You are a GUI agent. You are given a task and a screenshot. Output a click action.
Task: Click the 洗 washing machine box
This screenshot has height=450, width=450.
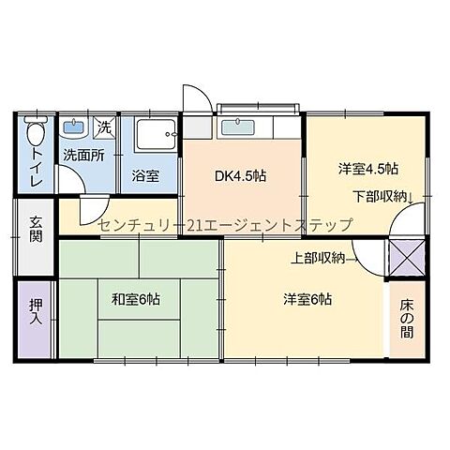coord(105,127)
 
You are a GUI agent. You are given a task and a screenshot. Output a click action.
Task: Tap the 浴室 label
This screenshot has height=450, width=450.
coord(145,175)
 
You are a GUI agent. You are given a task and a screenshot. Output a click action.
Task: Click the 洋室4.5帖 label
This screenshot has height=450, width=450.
coord(368,170)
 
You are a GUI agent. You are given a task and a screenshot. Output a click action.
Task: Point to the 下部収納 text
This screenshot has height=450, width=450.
coord(381,196)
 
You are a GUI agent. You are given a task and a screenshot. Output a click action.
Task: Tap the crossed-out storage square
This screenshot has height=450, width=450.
coord(407,256)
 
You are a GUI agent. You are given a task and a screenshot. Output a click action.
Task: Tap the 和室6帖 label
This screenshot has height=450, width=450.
coord(136,300)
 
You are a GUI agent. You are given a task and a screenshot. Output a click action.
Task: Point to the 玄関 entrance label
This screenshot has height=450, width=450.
coord(36,231)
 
